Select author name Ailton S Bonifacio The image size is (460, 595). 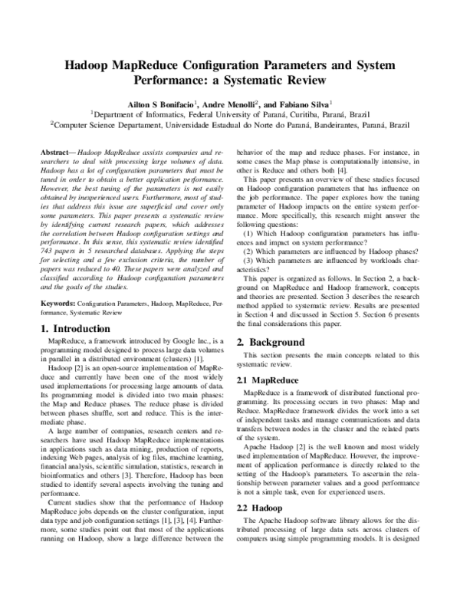tap(157, 102)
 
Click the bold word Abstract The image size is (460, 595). tap(56, 153)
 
